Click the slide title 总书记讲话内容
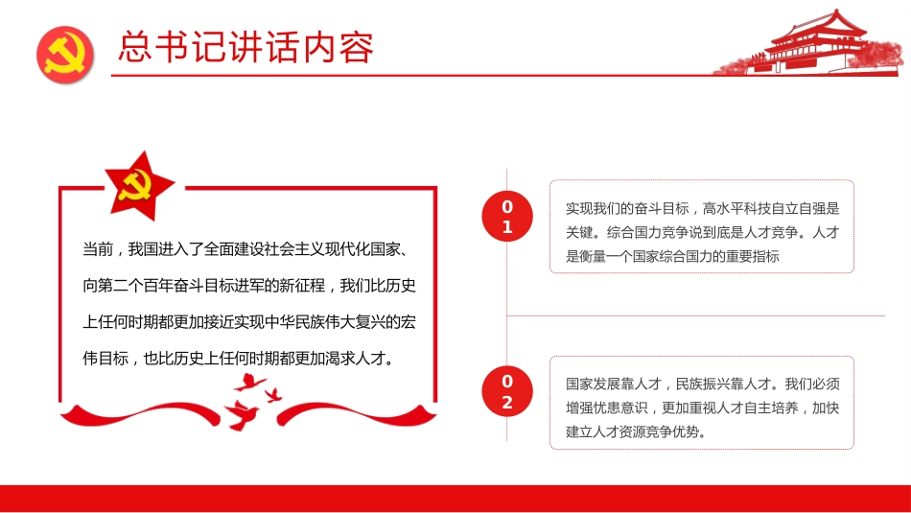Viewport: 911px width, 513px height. [246, 48]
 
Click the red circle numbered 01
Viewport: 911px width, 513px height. [507, 217]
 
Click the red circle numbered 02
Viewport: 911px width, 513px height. [507, 392]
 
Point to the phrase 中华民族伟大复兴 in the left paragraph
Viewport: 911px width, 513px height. [333, 322]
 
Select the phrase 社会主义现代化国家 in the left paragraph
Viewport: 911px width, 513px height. [331, 250]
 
